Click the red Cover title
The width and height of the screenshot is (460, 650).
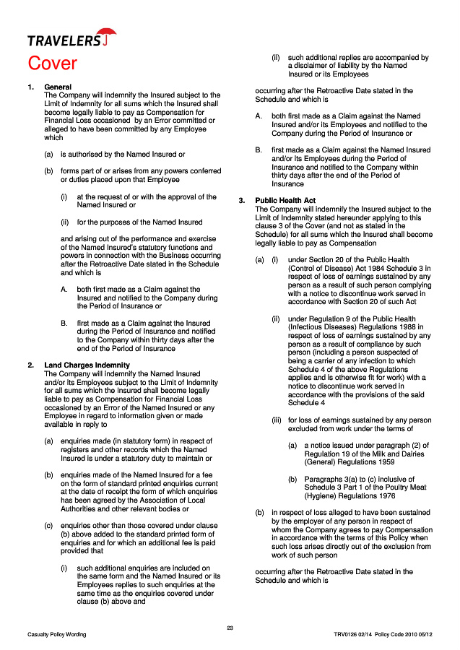click(52, 64)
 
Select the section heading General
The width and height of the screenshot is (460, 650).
click(58, 87)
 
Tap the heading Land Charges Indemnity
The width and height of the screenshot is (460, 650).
click(87, 365)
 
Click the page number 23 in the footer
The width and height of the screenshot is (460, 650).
click(230, 627)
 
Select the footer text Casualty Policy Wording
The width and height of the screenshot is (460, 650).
click(57, 635)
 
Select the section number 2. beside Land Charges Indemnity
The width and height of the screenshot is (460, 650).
click(30, 365)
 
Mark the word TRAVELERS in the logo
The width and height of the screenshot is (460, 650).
click(64, 41)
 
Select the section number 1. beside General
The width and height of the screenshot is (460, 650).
click(30, 87)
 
